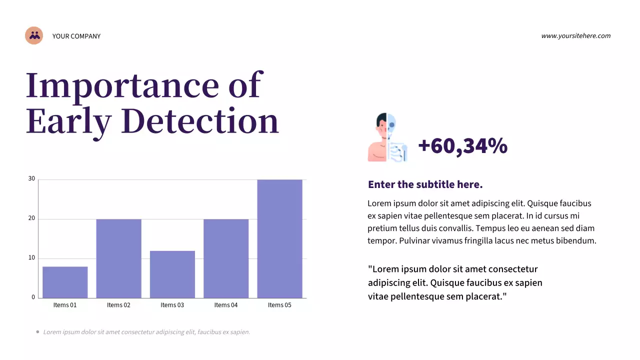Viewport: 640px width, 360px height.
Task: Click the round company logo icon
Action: (34, 35)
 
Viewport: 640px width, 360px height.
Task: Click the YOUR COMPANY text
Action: (76, 36)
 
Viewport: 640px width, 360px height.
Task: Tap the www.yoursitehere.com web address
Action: (575, 35)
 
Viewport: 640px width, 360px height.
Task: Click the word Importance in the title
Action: (122, 85)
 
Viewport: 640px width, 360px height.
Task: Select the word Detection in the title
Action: (199, 121)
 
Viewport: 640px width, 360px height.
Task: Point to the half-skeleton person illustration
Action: (387, 137)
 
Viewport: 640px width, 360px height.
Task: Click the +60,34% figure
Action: (462, 146)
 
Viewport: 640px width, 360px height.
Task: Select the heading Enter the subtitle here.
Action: (425, 184)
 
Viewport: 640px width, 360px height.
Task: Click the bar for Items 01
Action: (65, 282)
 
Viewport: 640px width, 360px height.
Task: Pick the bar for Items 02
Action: (118, 258)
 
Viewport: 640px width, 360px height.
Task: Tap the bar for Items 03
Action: (172, 274)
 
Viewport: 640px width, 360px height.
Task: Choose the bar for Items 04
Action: (226, 258)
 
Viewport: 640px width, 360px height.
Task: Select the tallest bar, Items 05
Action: (279, 238)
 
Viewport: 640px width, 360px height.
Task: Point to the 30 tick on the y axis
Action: (31, 178)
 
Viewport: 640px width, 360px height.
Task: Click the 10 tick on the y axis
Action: (31, 258)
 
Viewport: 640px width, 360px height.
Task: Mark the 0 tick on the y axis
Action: (33, 297)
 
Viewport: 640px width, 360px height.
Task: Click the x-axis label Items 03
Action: (172, 305)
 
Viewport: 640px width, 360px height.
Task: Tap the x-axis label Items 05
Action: (279, 305)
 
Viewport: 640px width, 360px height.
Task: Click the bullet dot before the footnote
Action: (37, 331)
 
